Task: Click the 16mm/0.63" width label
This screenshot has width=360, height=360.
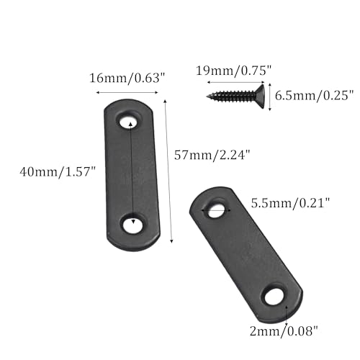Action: click(127, 78)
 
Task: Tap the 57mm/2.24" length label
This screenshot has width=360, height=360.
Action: click(212, 155)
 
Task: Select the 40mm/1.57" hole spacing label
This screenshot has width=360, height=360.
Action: click(58, 172)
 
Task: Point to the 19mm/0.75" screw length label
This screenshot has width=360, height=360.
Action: click(233, 71)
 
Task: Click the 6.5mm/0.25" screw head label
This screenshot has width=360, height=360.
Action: click(315, 96)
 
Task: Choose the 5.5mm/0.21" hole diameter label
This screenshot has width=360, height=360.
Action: click(291, 203)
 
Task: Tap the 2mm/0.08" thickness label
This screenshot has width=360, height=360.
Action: click(284, 331)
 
